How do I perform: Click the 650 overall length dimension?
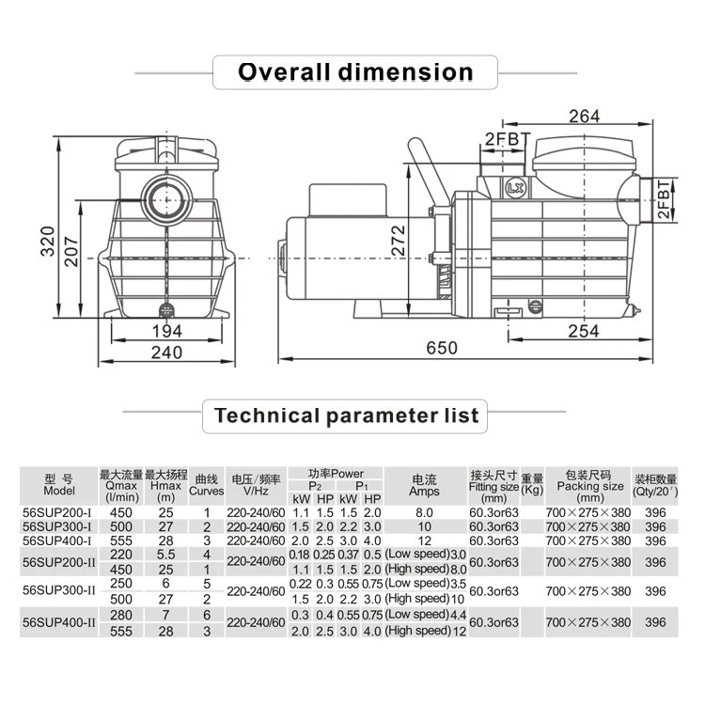(x=442, y=348)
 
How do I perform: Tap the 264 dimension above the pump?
(x=584, y=117)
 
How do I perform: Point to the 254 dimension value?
(x=583, y=332)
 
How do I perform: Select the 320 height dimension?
(x=48, y=242)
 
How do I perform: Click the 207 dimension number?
(x=71, y=252)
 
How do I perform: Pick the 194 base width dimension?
(x=166, y=332)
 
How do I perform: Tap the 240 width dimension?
(x=166, y=352)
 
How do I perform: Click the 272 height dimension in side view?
(x=398, y=241)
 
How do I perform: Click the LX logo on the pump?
(x=514, y=188)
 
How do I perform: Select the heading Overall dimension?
(x=355, y=72)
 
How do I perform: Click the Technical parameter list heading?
(x=346, y=415)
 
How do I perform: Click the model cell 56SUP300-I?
(x=57, y=526)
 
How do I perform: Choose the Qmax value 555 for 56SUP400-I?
(x=121, y=540)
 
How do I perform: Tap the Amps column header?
(x=424, y=486)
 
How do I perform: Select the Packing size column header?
(x=590, y=486)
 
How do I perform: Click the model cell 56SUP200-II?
(x=59, y=562)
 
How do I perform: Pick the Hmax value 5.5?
(x=165, y=555)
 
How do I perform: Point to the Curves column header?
(x=207, y=485)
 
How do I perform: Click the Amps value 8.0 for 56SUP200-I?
(x=424, y=512)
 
